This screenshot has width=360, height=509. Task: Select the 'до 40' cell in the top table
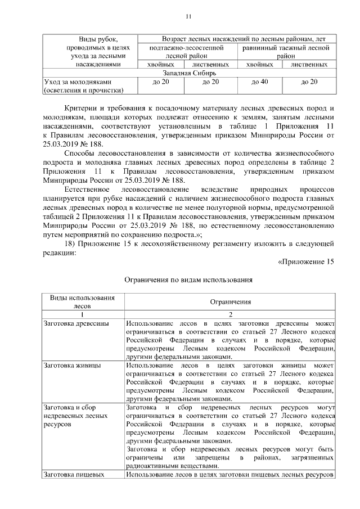(x=259, y=83)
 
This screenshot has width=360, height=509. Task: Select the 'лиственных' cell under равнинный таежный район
(x=309, y=65)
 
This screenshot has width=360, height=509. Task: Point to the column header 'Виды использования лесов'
(x=82, y=301)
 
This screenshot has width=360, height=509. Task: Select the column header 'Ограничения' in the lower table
(x=231, y=302)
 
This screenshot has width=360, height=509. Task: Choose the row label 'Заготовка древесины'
(x=75, y=324)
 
